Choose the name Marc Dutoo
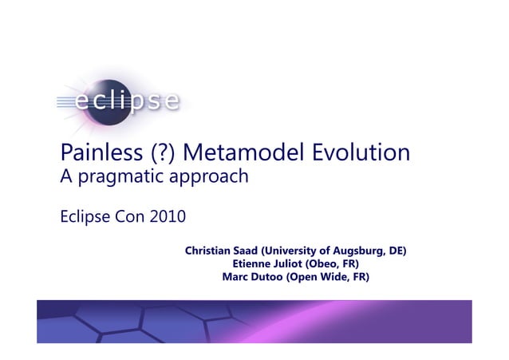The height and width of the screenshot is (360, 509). pos(247,276)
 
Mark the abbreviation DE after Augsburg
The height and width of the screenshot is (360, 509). pos(394,251)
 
